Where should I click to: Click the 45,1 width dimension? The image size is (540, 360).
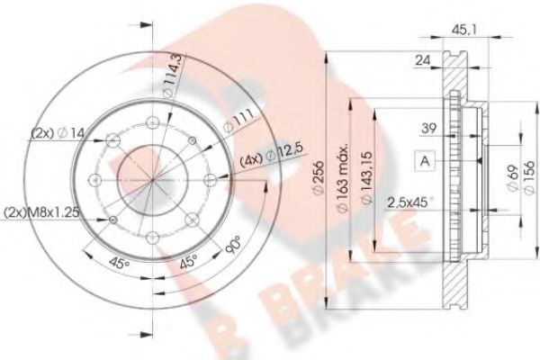click(x=459, y=30)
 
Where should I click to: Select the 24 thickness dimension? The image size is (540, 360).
click(x=422, y=61)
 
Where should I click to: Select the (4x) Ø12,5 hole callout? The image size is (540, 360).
click(x=265, y=160)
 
